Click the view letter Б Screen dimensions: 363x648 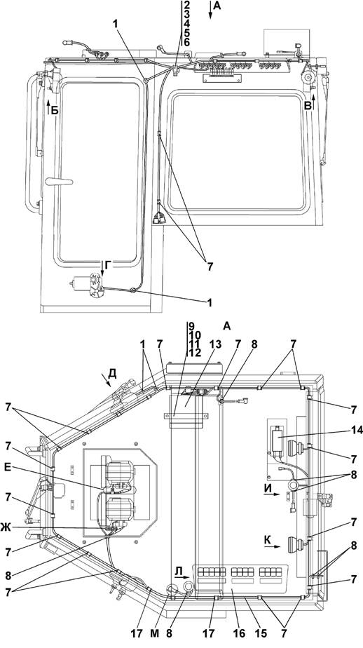tap(55, 111)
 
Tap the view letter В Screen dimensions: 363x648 tap(308, 106)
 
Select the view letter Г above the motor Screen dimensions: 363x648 tap(108, 267)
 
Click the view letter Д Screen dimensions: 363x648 tap(112, 373)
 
